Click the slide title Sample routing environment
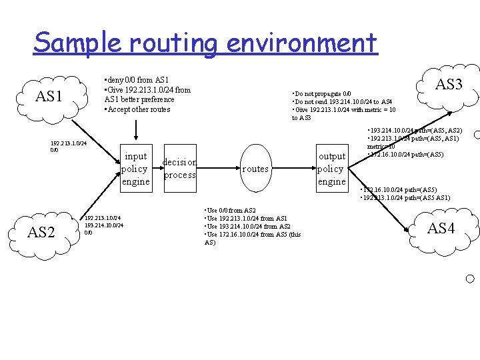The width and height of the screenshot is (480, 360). [x=205, y=43]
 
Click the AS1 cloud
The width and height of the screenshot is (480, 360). [x=49, y=97]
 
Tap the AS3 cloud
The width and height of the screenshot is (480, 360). [x=449, y=84]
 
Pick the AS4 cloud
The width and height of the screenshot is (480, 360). [x=441, y=229]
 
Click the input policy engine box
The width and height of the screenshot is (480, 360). [x=135, y=169]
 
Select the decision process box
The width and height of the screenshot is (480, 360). [x=179, y=169]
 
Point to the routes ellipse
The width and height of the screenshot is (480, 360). [x=255, y=169]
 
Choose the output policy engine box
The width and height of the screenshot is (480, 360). [x=331, y=169]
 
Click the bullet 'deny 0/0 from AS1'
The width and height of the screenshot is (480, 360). [x=137, y=80]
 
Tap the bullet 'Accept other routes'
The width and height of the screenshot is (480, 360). [x=137, y=109]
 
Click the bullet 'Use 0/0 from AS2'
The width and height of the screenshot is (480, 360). [x=231, y=211]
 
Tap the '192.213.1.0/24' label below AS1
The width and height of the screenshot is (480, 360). [x=69, y=143]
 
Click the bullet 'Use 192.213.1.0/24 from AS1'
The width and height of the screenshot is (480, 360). [x=246, y=219]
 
